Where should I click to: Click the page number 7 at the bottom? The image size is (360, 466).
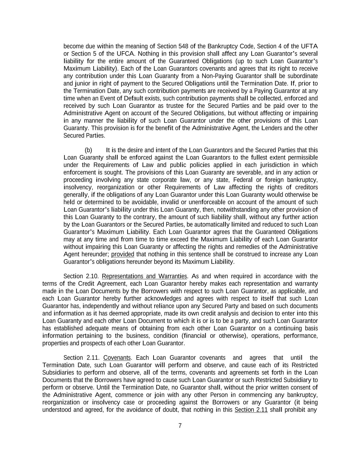pyautogui.click(x=180, y=426)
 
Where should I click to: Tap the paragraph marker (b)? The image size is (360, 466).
pyautogui.click(x=88, y=150)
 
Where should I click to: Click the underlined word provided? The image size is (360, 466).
pyautogui.click(x=123, y=254)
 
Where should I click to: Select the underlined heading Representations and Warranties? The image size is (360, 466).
pyautogui.click(x=144, y=276)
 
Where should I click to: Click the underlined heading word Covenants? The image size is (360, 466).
pyautogui.click(x=117, y=358)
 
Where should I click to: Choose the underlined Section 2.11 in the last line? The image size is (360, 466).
pyautogui.click(x=251, y=410)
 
